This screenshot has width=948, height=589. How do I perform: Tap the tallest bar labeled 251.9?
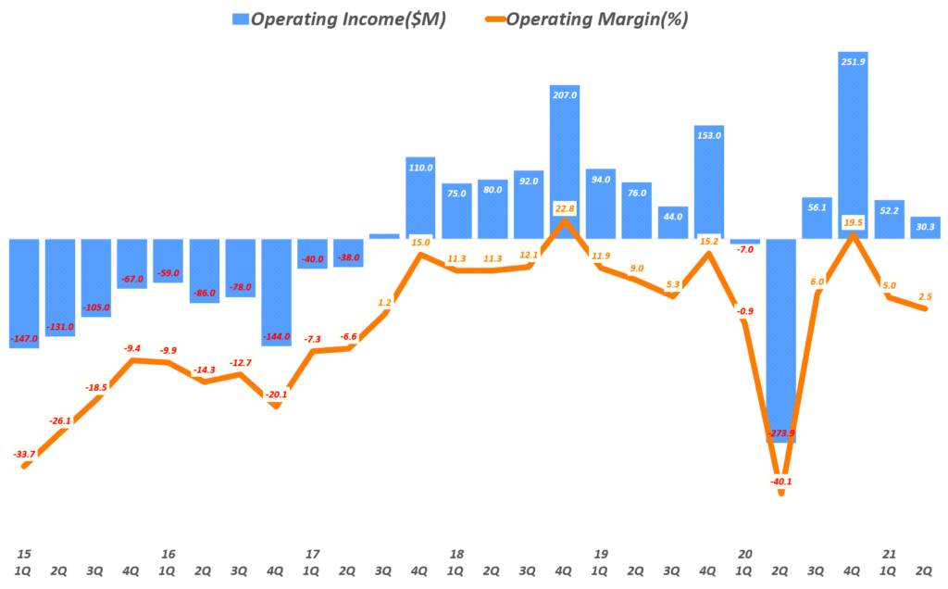[853, 148]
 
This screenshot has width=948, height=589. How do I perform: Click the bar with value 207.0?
[564, 157]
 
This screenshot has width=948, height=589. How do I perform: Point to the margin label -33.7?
[24, 454]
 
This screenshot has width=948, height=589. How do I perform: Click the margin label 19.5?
[853, 222]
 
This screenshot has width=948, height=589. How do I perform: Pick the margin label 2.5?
[925, 295]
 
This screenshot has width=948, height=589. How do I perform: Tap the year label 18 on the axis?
[455, 554]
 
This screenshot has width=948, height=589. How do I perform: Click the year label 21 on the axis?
[889, 554]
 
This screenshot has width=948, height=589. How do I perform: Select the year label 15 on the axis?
[23, 554]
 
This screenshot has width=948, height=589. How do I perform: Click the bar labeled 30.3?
[925, 228]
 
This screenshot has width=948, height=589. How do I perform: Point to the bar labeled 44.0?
[672, 222]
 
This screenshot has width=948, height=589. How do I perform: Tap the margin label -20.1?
[276, 395]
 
